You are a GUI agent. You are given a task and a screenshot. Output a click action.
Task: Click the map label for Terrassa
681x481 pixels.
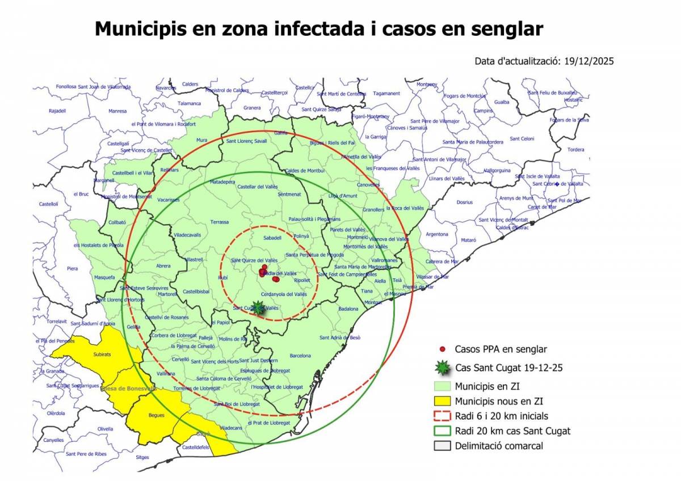point(219,222)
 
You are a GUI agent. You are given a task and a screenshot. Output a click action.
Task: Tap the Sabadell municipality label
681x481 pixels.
point(272,238)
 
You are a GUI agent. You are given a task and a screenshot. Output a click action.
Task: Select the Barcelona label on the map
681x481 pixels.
point(300,356)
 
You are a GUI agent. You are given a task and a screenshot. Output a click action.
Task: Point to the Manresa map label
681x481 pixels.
point(117,111)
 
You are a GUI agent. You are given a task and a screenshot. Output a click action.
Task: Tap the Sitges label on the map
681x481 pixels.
point(142,457)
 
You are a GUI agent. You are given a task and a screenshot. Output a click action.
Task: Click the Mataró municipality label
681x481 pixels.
point(469,240)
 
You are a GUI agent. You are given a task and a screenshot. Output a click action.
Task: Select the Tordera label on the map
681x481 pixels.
point(575,150)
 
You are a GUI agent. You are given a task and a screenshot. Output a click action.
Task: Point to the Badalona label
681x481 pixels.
point(348,309)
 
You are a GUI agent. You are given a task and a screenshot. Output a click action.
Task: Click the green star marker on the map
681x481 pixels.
point(259,307)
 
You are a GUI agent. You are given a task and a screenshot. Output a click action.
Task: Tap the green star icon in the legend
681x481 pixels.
point(442,368)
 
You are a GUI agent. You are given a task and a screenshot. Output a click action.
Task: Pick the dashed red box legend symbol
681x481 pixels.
point(442,416)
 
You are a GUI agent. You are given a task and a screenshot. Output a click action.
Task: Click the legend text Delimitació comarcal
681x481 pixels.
point(499,446)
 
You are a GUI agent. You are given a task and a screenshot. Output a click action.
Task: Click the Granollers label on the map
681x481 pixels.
point(373,209)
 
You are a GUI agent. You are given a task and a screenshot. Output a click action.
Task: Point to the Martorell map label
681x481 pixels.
point(168,294)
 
